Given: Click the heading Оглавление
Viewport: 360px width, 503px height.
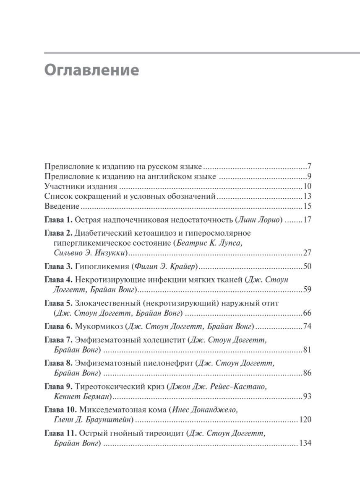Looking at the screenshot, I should [91, 70].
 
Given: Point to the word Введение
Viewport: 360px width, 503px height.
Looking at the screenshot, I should [62, 207].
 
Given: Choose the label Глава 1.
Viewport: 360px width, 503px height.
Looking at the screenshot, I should [59, 220].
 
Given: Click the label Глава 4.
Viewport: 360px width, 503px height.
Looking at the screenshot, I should [59, 280].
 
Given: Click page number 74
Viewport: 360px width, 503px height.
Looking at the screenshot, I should [306, 326].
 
